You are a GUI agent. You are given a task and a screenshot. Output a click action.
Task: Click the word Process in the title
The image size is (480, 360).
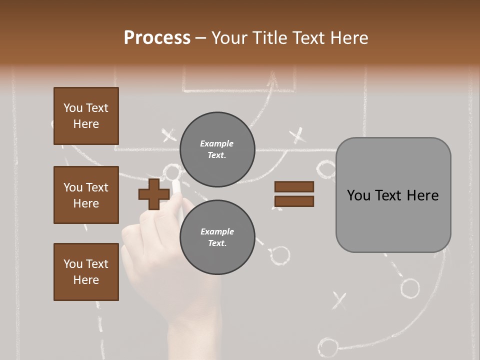tap(157, 38)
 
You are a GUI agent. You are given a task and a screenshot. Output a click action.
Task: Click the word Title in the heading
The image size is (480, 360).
tap(268, 38)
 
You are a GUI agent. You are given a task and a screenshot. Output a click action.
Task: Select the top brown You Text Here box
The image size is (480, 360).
tap(86, 116)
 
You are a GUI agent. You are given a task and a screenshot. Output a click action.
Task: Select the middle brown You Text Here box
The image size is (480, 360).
tap(86, 195)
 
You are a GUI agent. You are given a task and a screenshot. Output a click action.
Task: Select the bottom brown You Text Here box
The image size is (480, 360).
tap(86, 271)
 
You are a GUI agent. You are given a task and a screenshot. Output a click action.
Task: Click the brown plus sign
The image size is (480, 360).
tap(154, 194)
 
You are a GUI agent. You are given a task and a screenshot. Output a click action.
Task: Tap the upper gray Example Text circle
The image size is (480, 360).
tap(217, 149)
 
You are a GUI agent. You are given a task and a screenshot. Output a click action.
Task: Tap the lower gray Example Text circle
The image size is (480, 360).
tap(217, 237)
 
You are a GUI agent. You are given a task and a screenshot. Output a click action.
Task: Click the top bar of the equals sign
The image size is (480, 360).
tap(294, 186)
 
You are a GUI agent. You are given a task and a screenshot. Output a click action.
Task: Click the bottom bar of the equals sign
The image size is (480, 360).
tap(294, 201)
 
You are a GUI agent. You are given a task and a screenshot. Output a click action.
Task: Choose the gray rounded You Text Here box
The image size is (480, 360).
tap(393, 195)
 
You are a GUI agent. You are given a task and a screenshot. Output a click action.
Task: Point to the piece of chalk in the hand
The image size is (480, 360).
tap(176, 188)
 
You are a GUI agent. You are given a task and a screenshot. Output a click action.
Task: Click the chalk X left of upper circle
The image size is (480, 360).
tap(169, 135)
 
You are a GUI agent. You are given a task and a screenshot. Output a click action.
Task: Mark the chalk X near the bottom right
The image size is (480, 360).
tap(339, 300)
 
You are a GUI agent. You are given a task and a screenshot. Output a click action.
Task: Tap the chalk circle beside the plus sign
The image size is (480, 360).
tap(172, 173)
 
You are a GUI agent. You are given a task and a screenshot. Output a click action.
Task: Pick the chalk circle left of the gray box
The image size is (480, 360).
tap(326, 169)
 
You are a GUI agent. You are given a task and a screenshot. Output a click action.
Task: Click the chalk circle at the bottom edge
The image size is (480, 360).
tap(327, 346)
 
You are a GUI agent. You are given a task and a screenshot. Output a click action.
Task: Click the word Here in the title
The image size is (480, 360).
tap(348, 38)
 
